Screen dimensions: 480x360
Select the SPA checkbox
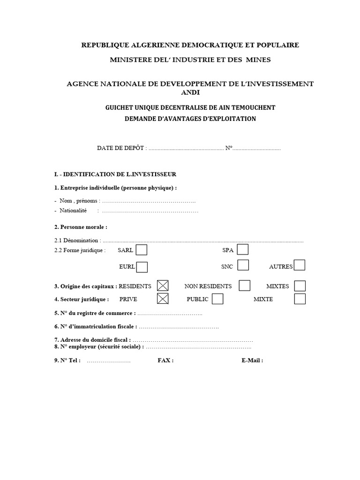(x=243, y=250)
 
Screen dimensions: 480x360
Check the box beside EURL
(x=142, y=267)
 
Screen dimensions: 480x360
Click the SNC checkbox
(x=243, y=266)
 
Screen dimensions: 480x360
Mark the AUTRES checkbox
(x=300, y=266)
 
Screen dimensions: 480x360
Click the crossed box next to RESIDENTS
(x=163, y=285)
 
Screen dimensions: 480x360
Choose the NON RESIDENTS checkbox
(x=245, y=285)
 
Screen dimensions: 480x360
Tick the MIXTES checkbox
(x=300, y=286)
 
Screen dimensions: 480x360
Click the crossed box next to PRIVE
(x=163, y=299)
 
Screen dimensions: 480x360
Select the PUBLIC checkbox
(x=217, y=299)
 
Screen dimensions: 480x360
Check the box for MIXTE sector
(x=300, y=299)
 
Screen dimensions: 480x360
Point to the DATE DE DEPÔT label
(x=121, y=148)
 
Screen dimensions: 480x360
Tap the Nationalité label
(x=73, y=210)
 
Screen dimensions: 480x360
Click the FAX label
(x=165, y=360)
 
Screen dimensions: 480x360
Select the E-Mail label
(x=252, y=360)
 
